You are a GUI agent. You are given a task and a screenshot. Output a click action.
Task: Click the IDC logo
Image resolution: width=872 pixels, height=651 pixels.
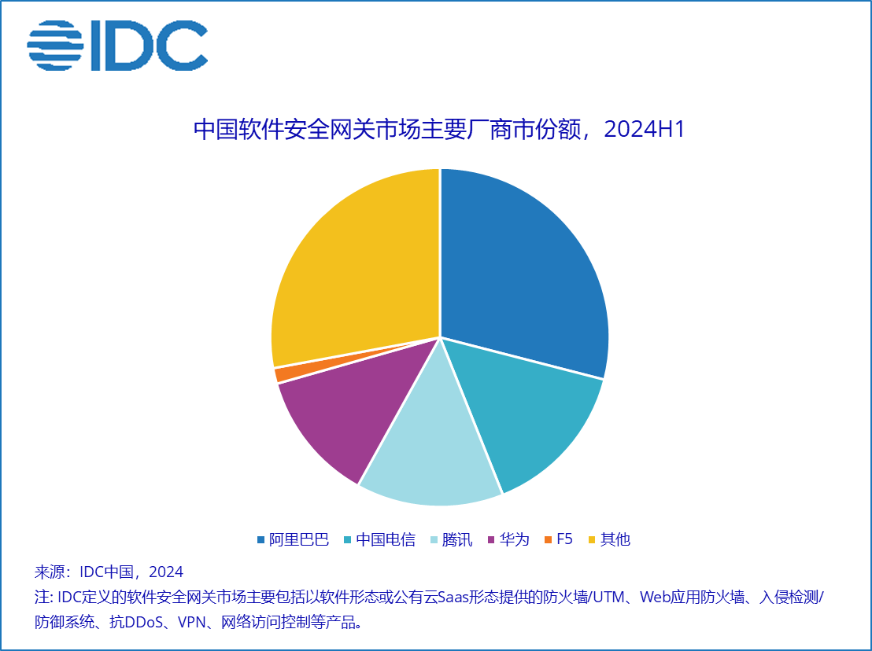click(118, 46)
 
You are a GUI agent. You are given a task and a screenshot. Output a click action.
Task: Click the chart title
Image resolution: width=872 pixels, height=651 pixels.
click(439, 130)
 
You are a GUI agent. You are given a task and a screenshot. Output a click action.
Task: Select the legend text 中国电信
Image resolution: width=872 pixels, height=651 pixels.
click(386, 539)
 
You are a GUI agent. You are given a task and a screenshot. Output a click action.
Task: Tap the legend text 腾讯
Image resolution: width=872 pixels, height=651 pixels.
click(457, 539)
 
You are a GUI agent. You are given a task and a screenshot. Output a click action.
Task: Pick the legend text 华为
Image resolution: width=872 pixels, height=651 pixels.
click(515, 539)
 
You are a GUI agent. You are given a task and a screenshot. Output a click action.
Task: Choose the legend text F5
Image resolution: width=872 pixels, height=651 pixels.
click(564, 539)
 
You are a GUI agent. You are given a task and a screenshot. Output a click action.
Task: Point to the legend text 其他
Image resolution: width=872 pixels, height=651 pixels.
click(615, 539)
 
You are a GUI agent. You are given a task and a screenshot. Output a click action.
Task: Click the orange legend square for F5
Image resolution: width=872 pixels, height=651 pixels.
click(548, 539)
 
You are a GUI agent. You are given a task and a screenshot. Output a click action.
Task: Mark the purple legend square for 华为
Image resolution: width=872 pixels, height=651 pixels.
click(492, 539)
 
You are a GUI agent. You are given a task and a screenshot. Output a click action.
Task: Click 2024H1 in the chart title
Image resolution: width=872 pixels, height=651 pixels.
click(645, 130)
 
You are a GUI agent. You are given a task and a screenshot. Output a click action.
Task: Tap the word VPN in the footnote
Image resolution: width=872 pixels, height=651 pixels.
click(194, 623)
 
